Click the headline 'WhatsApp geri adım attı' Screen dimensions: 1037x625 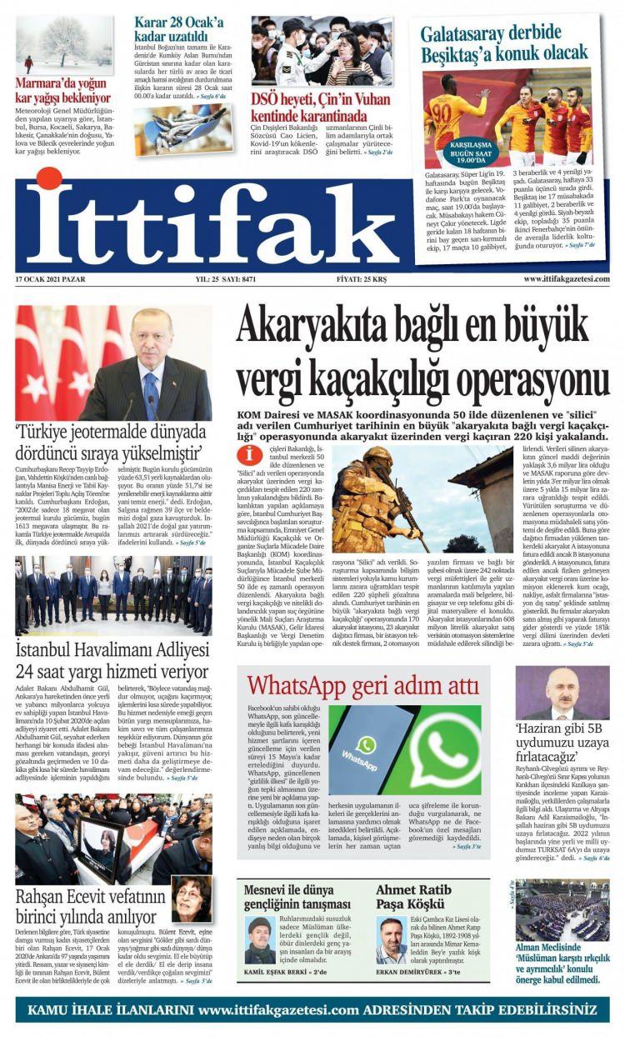[x=362, y=685]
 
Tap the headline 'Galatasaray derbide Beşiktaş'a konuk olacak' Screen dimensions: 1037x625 [x=503, y=43]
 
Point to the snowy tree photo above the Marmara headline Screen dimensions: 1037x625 [x=63, y=42]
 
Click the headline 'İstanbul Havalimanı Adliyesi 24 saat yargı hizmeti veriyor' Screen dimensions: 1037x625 [x=112, y=661]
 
